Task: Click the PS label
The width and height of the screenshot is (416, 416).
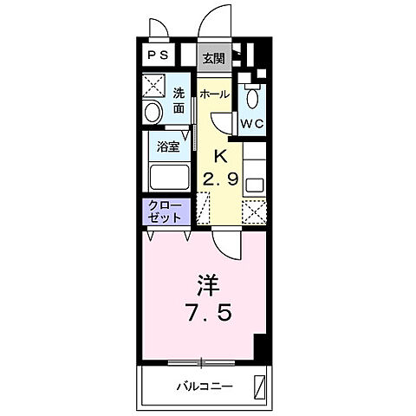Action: coord(157,55)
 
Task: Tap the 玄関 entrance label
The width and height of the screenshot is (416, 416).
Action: coord(213,59)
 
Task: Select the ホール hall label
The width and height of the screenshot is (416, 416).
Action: coord(214,93)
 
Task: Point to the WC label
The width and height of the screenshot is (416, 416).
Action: coord(251,124)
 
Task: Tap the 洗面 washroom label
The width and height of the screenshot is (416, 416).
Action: coord(179,101)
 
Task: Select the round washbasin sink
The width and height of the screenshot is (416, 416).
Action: coord(153,112)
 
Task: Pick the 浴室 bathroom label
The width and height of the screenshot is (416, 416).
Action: coord(168,146)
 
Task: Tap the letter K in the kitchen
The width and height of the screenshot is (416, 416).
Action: coord(220,157)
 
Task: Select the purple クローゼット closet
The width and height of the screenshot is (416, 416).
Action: coord(165,211)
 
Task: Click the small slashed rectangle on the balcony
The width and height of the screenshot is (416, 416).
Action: coord(259,385)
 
